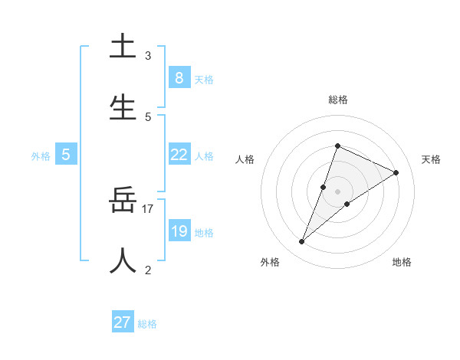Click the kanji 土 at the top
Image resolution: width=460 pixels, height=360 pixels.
click(x=123, y=47)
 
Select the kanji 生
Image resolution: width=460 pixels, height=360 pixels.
click(x=123, y=107)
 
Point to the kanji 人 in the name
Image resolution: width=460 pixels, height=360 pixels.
click(x=123, y=260)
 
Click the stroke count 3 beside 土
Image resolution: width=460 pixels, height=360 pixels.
click(x=148, y=55)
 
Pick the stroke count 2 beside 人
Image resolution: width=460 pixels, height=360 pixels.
click(x=148, y=270)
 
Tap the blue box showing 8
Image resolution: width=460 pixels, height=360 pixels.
click(x=179, y=77)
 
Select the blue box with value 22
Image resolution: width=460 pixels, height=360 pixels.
click(x=179, y=155)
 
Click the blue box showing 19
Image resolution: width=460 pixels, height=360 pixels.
click(x=179, y=231)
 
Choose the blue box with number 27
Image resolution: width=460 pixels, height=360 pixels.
click(x=122, y=322)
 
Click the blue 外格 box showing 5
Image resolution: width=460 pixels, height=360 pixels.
click(x=66, y=155)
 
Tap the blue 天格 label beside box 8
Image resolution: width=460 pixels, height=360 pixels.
click(x=204, y=79)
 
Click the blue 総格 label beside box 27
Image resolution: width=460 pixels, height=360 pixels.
click(x=147, y=324)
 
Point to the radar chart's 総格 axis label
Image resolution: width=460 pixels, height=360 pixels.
click(x=337, y=100)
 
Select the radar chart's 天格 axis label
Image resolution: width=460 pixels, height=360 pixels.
click(x=431, y=159)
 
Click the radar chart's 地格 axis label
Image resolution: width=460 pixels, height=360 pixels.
click(x=402, y=262)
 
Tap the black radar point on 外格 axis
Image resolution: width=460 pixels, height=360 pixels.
click(x=302, y=242)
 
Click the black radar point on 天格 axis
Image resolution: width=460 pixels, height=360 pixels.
click(x=396, y=173)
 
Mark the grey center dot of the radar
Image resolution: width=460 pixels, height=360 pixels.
click(x=337, y=191)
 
